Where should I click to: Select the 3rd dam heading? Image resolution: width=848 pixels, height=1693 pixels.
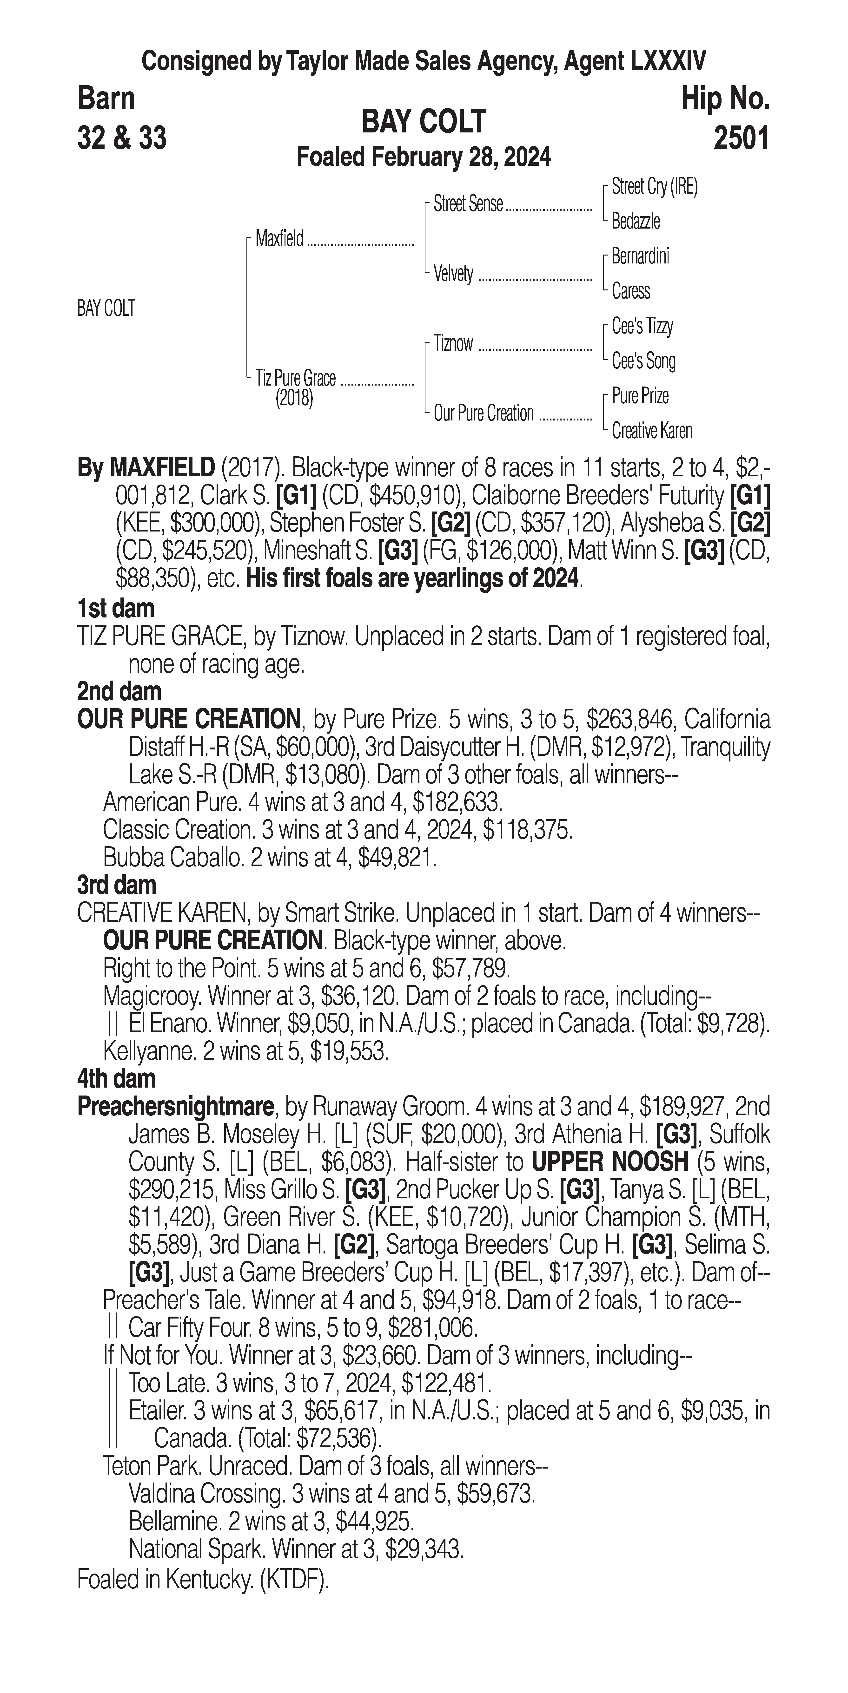point(116,885)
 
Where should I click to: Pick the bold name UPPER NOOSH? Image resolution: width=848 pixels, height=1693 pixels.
point(609,1162)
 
